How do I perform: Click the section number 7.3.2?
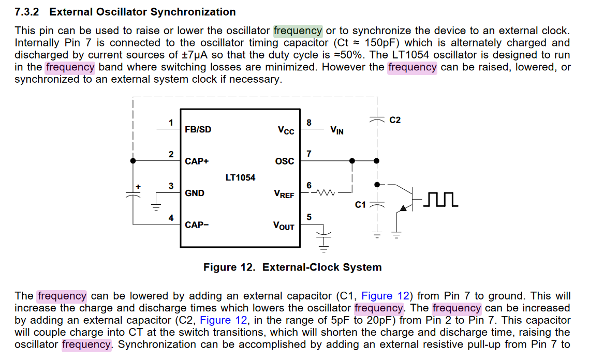(x=27, y=12)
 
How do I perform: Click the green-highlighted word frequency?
(x=298, y=31)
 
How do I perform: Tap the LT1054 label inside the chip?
(x=240, y=177)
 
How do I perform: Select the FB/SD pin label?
(x=198, y=129)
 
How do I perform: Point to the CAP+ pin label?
(x=197, y=161)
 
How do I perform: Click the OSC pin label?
(x=285, y=161)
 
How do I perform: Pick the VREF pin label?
(x=284, y=193)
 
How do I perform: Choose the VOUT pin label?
(x=284, y=226)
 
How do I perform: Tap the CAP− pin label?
(x=197, y=225)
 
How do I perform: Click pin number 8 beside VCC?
(x=309, y=123)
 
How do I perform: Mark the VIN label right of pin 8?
(x=337, y=130)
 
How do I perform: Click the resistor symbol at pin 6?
(x=326, y=192)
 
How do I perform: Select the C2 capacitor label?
(x=395, y=120)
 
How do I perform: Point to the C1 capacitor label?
(x=360, y=205)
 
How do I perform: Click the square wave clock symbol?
(x=440, y=199)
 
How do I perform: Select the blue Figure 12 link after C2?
(x=224, y=320)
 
